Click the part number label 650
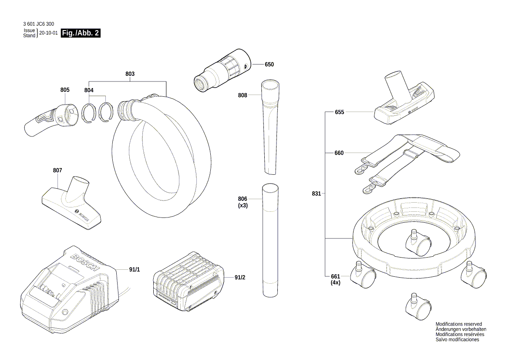click(269, 65)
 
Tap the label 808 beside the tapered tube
click(243, 95)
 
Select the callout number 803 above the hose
click(130, 74)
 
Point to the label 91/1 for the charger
click(135, 270)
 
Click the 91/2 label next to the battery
click(240, 277)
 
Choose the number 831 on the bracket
click(317, 194)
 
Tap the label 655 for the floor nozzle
click(339, 112)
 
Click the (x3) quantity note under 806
click(243, 205)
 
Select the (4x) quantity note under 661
click(335, 282)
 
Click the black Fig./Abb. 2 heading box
click(81, 33)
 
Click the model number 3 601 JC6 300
click(39, 24)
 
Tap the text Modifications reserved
click(458, 324)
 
